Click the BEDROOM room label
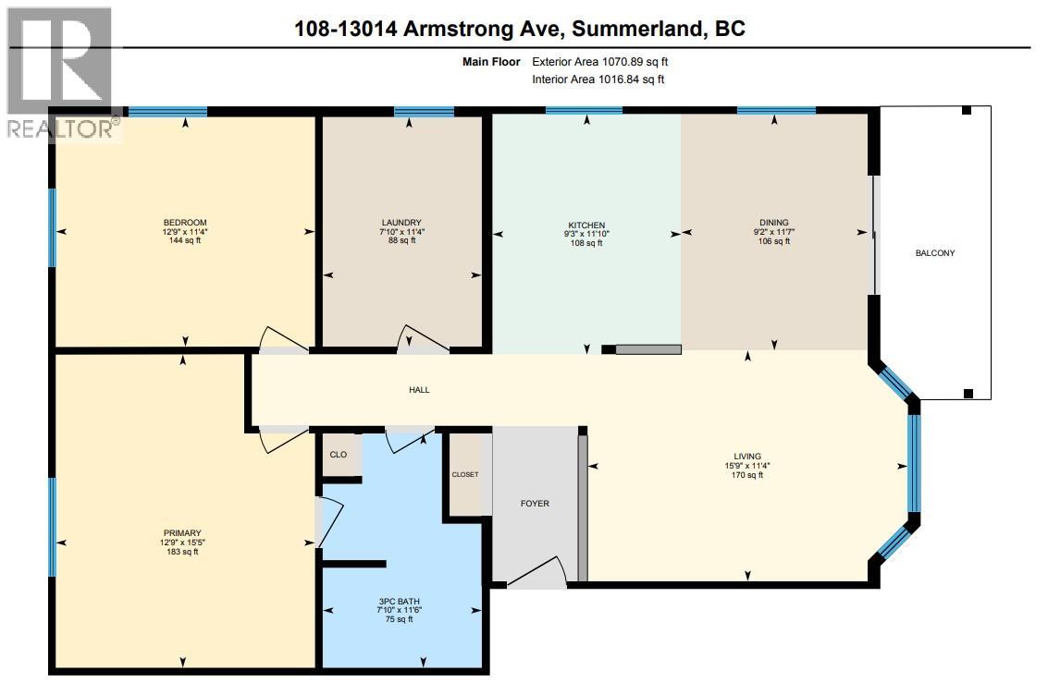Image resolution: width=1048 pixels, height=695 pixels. tap(184, 222)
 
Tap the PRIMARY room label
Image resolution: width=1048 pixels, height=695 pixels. tap(182, 532)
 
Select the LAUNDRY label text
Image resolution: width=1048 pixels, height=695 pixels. tap(401, 222)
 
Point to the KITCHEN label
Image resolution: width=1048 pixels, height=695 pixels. tap(586, 225)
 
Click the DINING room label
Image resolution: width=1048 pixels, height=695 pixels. tap(774, 222)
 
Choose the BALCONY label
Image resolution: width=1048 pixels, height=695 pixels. tap(934, 253)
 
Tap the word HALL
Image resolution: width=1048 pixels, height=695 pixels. tap(419, 390)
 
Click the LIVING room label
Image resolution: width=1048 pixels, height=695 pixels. tap(746, 456)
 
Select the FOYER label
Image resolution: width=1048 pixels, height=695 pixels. tap(535, 504)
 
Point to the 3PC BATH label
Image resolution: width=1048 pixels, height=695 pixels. tap(401, 600)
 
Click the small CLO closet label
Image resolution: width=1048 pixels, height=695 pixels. tap(339, 455)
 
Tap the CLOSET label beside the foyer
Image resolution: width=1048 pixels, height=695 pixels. tap(464, 474)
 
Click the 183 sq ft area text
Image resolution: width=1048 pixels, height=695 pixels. tap(182, 552)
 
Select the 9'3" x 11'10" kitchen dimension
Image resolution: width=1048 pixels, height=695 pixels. tap(586, 234)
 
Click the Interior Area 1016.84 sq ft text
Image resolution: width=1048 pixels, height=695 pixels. tap(598, 79)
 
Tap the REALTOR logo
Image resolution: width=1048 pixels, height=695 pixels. tap(61, 72)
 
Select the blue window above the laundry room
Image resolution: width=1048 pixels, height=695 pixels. tap(424, 112)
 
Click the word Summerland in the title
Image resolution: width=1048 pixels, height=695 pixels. tap(636, 29)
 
